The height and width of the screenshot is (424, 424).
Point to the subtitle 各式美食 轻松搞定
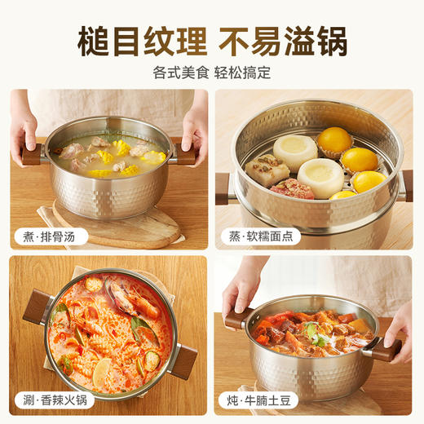pyautogui.click(x=212, y=72)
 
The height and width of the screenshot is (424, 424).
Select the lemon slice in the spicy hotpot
pyautogui.click(x=102, y=373)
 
